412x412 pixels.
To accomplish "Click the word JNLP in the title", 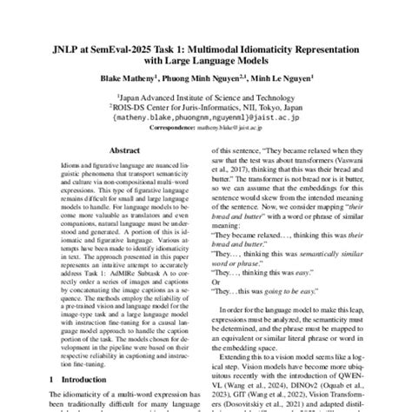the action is (77, 52).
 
